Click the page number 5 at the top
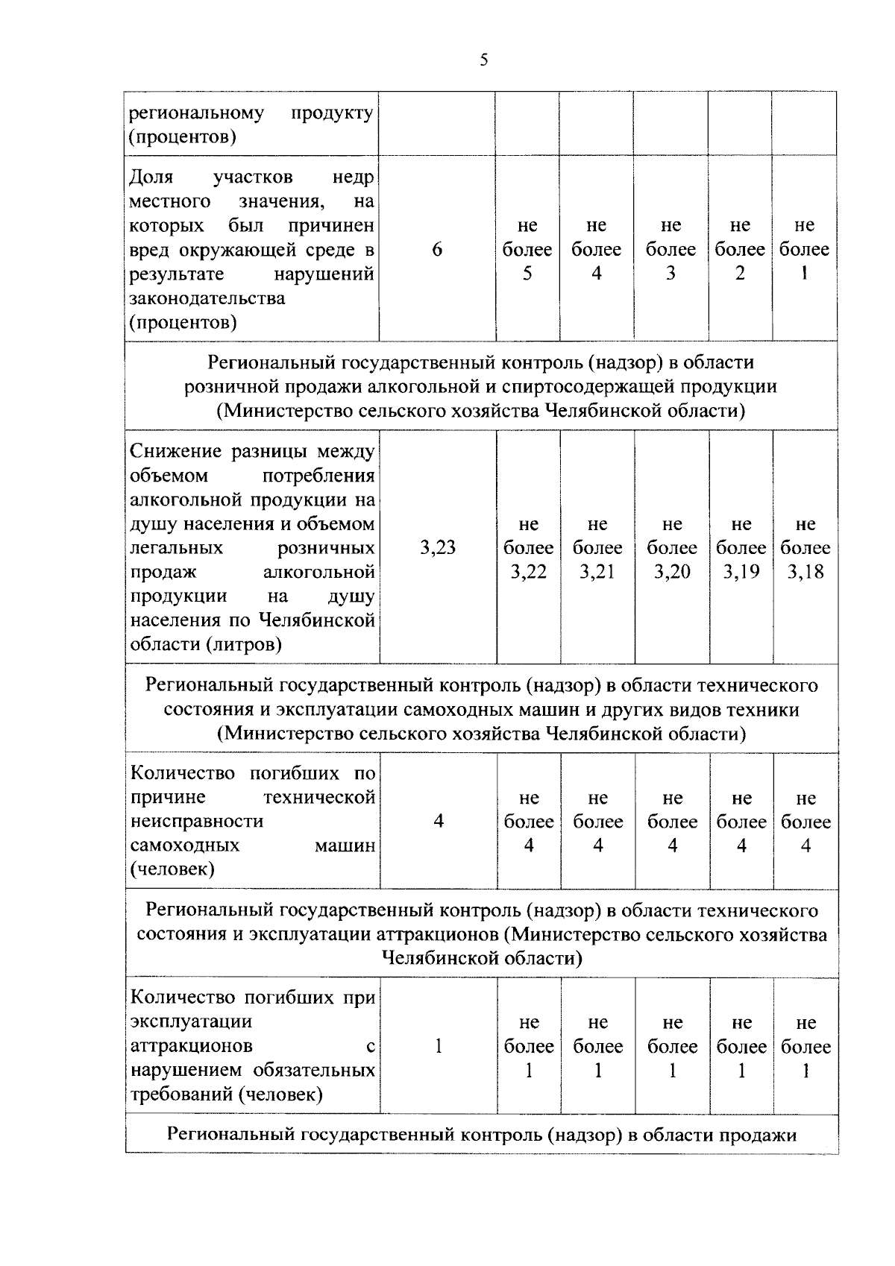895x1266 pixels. pyautogui.click(x=483, y=60)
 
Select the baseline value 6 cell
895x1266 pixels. pyautogui.click(x=437, y=250)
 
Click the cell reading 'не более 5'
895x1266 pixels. pyautogui.click(x=527, y=250)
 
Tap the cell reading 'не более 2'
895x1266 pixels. pyautogui.click(x=740, y=250)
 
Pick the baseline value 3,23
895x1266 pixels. pyautogui.click(x=438, y=548)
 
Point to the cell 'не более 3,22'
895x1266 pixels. pyautogui.click(x=528, y=548)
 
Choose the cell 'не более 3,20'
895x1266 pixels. pyautogui.click(x=672, y=548)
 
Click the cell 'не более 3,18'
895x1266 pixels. pyautogui.click(x=805, y=548)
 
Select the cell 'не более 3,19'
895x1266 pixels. pyautogui.click(x=741, y=548)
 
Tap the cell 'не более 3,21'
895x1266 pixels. pyautogui.click(x=597, y=548)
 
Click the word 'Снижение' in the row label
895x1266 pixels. pyautogui.click(x=175, y=451)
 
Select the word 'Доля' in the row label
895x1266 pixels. pyautogui.click(x=151, y=177)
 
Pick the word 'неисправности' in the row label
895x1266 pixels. pyautogui.click(x=197, y=821)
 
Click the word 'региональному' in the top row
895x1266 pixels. pyautogui.click(x=197, y=113)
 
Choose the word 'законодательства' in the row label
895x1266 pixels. pyautogui.click(x=207, y=298)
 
